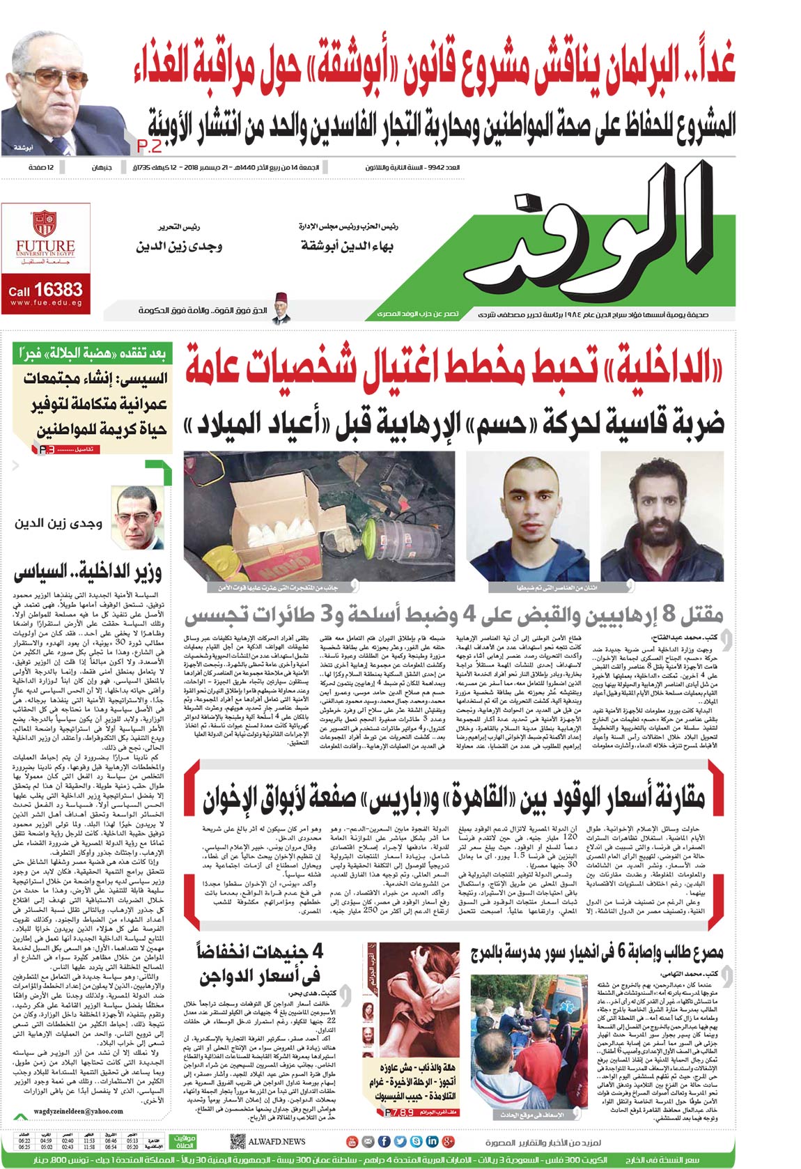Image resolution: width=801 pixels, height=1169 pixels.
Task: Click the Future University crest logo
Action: click(x=45, y=224)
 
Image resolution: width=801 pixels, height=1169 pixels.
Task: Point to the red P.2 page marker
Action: click(x=149, y=146)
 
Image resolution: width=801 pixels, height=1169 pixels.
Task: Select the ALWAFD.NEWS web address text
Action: click(x=277, y=1141)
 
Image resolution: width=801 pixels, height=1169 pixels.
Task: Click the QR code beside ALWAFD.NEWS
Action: click(x=238, y=1141)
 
